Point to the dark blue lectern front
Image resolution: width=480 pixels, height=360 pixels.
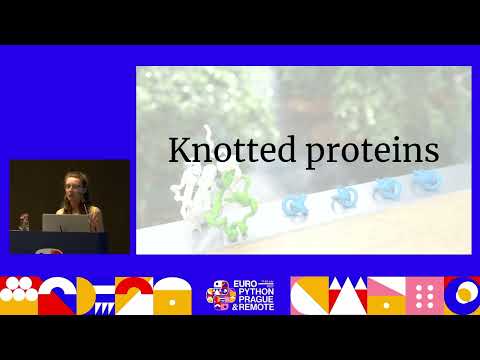(60, 241)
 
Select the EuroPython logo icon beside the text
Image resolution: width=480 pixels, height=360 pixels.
(220, 297)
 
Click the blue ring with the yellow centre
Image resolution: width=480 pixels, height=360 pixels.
(464, 294)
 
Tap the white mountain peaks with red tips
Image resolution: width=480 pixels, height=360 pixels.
(346, 296)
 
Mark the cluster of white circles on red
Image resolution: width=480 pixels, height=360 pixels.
(17, 294)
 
